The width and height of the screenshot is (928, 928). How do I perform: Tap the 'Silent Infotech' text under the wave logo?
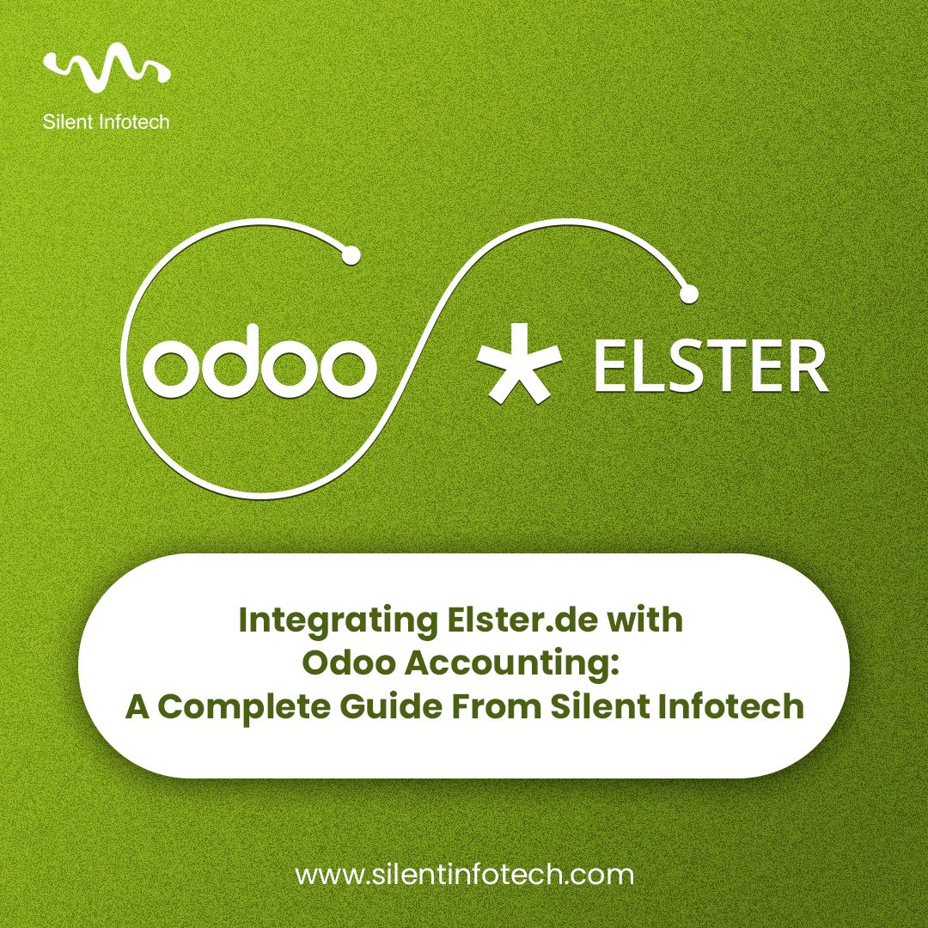[106, 121]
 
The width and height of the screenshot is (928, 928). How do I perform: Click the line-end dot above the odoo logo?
[350, 255]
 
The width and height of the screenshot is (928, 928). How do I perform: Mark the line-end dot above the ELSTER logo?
[687, 293]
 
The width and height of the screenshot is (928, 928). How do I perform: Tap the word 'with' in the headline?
[646, 620]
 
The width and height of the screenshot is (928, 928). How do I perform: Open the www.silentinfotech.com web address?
[464, 876]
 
